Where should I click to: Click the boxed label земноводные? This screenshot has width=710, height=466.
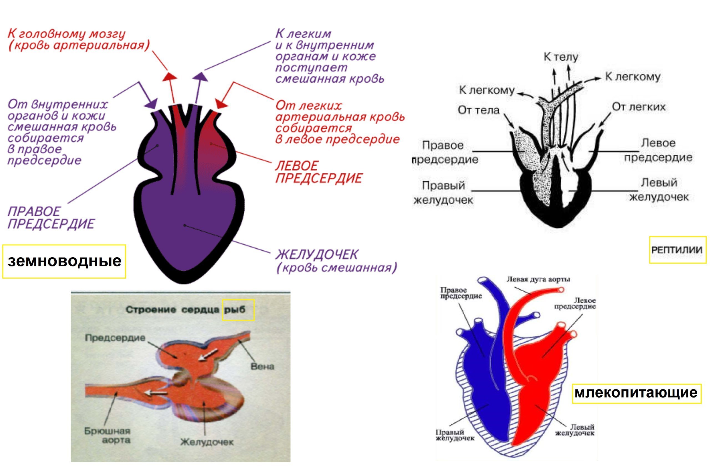pyautogui.click(x=64, y=261)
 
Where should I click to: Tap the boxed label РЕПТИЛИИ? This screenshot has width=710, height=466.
pyautogui.click(x=678, y=250)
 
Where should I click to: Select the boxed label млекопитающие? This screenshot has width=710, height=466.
pyautogui.click(x=636, y=393)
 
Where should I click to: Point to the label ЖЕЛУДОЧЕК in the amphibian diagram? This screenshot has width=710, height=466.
pyautogui.click(x=316, y=254)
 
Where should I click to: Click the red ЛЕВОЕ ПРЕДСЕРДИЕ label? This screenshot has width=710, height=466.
pyautogui.click(x=318, y=172)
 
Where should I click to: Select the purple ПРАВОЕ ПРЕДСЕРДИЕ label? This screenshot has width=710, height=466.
pyautogui.click(x=51, y=218)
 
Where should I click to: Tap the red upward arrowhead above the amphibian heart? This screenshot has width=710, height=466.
pyautogui.click(x=169, y=77)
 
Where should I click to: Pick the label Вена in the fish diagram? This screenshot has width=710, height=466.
pyautogui.click(x=262, y=366)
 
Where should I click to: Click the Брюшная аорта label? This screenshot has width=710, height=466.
pyautogui.click(x=108, y=436)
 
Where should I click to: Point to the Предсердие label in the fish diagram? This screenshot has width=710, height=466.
pyautogui.click(x=115, y=338)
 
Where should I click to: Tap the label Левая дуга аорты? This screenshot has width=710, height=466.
pyautogui.click(x=538, y=279)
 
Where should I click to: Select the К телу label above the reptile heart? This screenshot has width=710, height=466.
pyautogui.click(x=561, y=57)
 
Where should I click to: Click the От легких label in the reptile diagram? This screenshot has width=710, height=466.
pyautogui.click(x=638, y=107)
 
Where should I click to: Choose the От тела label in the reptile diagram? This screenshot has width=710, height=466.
pyautogui.click(x=478, y=110)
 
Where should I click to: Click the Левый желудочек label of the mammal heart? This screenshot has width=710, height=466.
pyautogui.click(x=575, y=430)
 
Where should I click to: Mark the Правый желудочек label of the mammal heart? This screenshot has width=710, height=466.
pyautogui.click(x=454, y=435)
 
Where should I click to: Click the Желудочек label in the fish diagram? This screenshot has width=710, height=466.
pyautogui.click(x=207, y=442)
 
